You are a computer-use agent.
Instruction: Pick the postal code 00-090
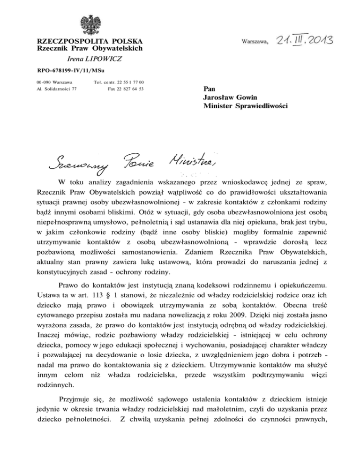43,82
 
